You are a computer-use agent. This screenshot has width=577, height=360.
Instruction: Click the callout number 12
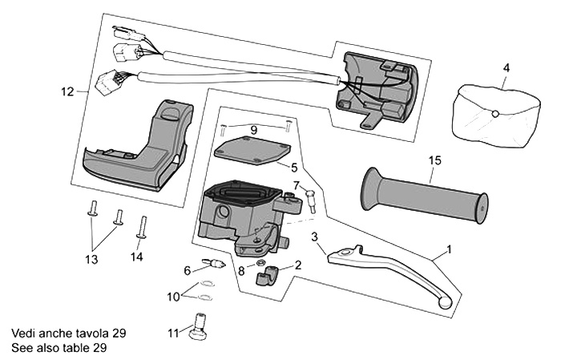67,91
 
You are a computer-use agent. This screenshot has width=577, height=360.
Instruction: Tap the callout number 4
506,68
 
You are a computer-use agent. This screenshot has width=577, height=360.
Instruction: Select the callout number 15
434,160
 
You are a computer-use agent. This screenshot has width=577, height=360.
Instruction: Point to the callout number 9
254,130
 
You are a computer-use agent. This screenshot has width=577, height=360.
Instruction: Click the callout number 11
173,334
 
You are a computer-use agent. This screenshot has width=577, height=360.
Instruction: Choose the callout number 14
136,257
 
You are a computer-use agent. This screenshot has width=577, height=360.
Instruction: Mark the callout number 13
91,260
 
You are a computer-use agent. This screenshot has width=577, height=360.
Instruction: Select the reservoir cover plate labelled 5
252,150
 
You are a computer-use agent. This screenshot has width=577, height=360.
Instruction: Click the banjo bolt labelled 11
198,327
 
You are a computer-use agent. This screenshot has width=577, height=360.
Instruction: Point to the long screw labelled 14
142,227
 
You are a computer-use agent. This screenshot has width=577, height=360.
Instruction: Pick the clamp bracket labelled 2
268,275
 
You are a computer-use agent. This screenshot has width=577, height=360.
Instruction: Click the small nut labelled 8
260,263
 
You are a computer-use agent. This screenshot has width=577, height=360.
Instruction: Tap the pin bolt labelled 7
310,201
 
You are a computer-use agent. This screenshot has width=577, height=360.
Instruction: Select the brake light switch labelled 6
213,263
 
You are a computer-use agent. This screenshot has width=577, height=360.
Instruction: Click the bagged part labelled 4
496,116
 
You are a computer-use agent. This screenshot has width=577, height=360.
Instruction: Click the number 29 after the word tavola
119,334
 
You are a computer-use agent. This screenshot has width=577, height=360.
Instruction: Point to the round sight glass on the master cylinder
223,212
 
